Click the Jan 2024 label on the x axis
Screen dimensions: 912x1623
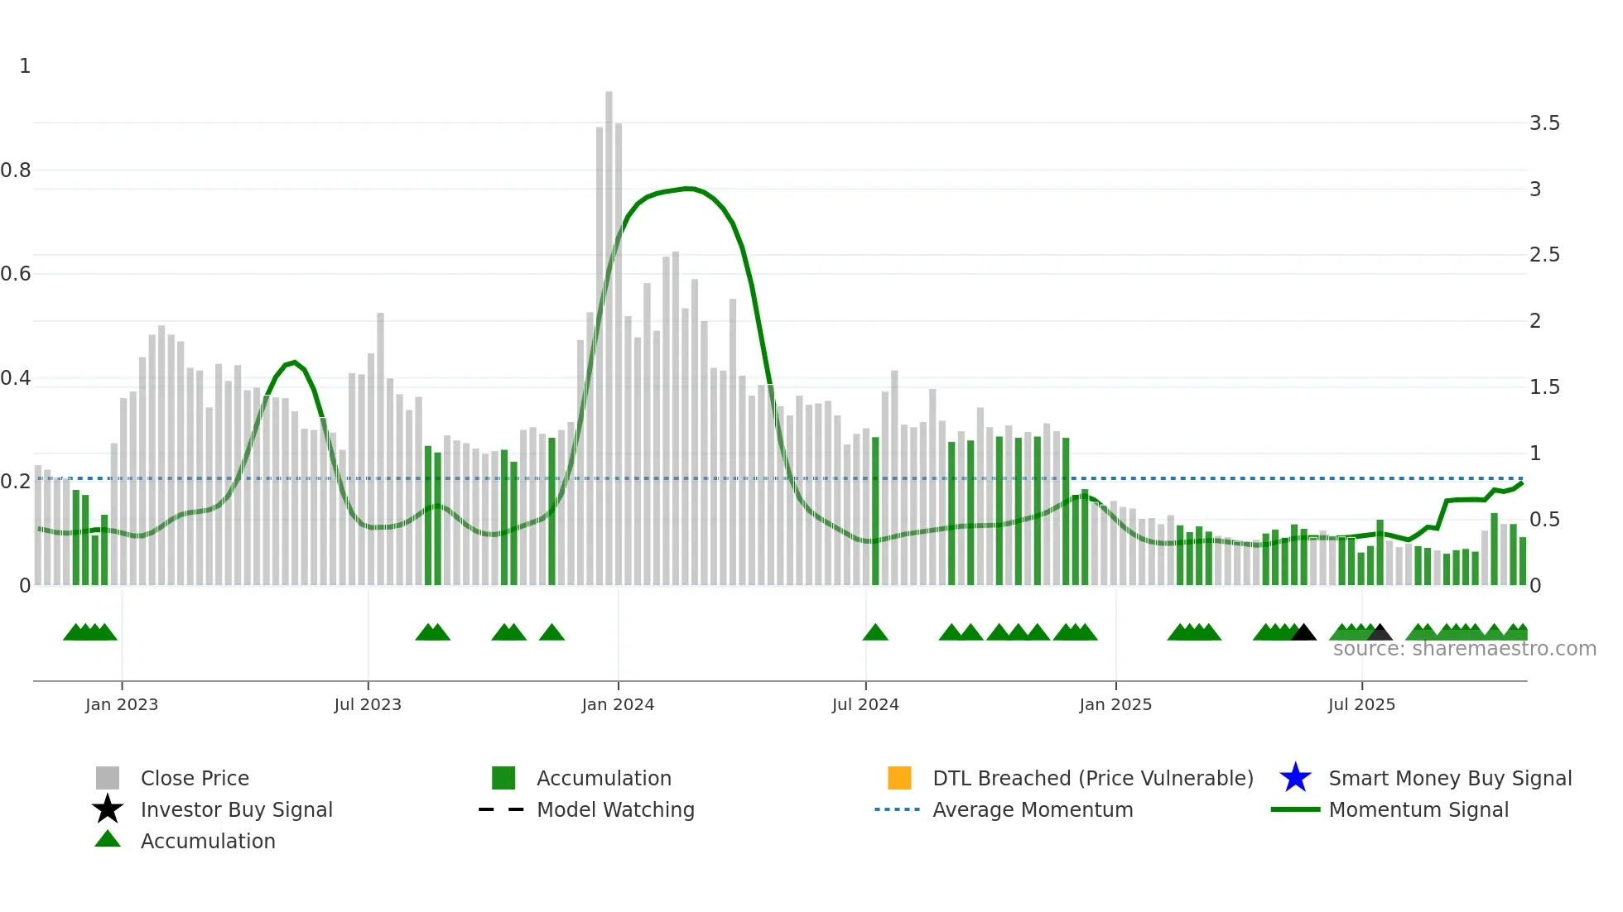click(618, 704)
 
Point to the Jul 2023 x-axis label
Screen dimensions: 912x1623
click(368, 704)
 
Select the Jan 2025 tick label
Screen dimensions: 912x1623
click(1115, 704)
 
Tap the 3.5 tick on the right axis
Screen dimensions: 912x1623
click(1544, 123)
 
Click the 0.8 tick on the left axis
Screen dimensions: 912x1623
click(16, 170)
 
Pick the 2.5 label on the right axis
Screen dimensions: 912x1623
click(1544, 255)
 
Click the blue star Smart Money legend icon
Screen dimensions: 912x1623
click(1295, 778)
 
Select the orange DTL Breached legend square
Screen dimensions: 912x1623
click(899, 778)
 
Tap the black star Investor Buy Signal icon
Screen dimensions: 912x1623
click(108, 809)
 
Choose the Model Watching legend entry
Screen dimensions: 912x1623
click(615, 809)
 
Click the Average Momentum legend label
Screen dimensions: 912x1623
click(1033, 809)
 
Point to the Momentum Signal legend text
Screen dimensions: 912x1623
click(1418, 809)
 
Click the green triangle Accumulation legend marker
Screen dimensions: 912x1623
click(108, 839)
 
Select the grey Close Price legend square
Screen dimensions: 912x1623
click(108, 778)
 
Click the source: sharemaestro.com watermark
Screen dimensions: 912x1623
click(1464, 649)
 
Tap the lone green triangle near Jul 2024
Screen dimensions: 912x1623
click(875, 633)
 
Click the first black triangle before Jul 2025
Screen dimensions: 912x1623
click(1303, 633)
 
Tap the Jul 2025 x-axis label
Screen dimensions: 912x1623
click(1361, 704)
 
